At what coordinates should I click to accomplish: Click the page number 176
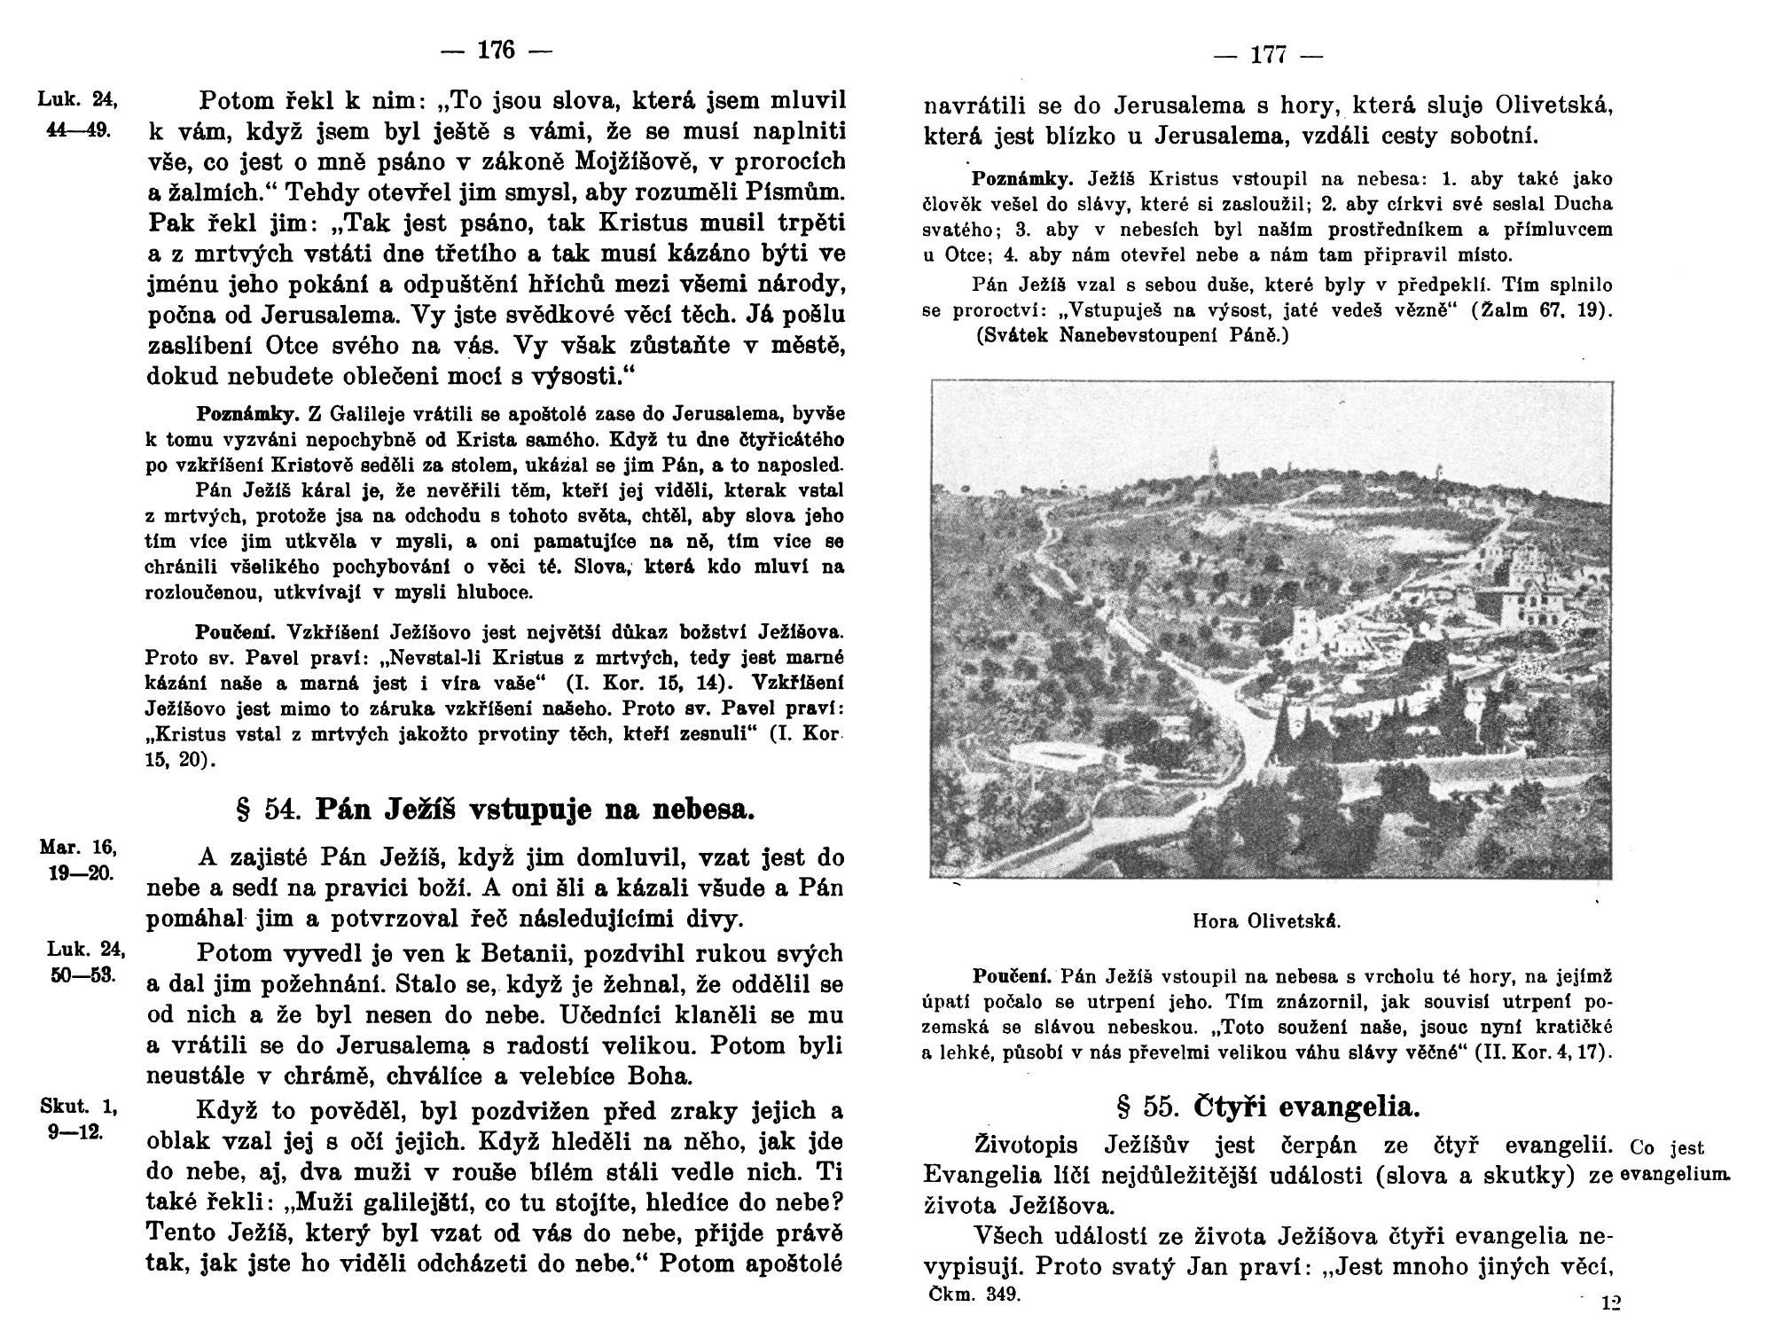(x=496, y=51)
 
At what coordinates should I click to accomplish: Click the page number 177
(x=1267, y=55)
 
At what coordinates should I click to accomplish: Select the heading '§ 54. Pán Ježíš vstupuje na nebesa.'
(x=495, y=810)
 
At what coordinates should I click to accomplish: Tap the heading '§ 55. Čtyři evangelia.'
(x=1268, y=1107)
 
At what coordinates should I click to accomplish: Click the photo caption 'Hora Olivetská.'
(x=1267, y=921)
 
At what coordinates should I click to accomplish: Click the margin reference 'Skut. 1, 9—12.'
(x=79, y=1119)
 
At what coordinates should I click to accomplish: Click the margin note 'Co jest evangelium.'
(x=1674, y=1161)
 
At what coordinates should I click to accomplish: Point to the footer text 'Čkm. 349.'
(x=975, y=1294)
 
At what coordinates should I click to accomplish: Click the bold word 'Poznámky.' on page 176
(x=247, y=414)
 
